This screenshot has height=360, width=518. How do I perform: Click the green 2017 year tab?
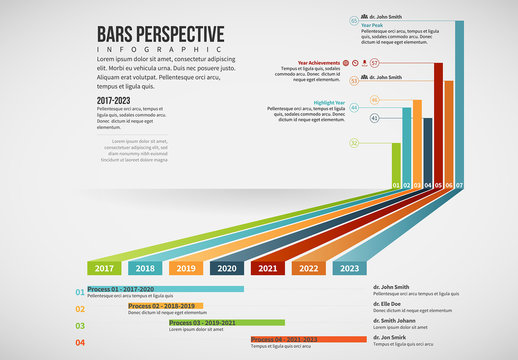104,268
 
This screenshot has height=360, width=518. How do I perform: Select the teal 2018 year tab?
145,268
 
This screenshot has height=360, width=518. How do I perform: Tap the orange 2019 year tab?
186,268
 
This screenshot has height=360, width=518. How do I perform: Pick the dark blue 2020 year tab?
227,268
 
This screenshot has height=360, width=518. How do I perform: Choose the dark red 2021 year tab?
268,268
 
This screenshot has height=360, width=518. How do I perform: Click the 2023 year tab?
350,268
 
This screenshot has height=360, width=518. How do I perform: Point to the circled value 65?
354,20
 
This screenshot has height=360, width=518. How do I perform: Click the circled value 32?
354,143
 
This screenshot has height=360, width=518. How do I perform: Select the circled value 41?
375,118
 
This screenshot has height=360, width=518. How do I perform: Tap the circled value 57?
375,62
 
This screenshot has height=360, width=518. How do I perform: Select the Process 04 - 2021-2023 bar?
308,340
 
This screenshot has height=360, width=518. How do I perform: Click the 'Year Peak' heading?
372,25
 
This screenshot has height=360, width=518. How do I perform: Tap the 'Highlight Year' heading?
329,103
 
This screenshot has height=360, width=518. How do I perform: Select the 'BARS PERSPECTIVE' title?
160,32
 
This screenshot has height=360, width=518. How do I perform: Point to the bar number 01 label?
397,185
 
